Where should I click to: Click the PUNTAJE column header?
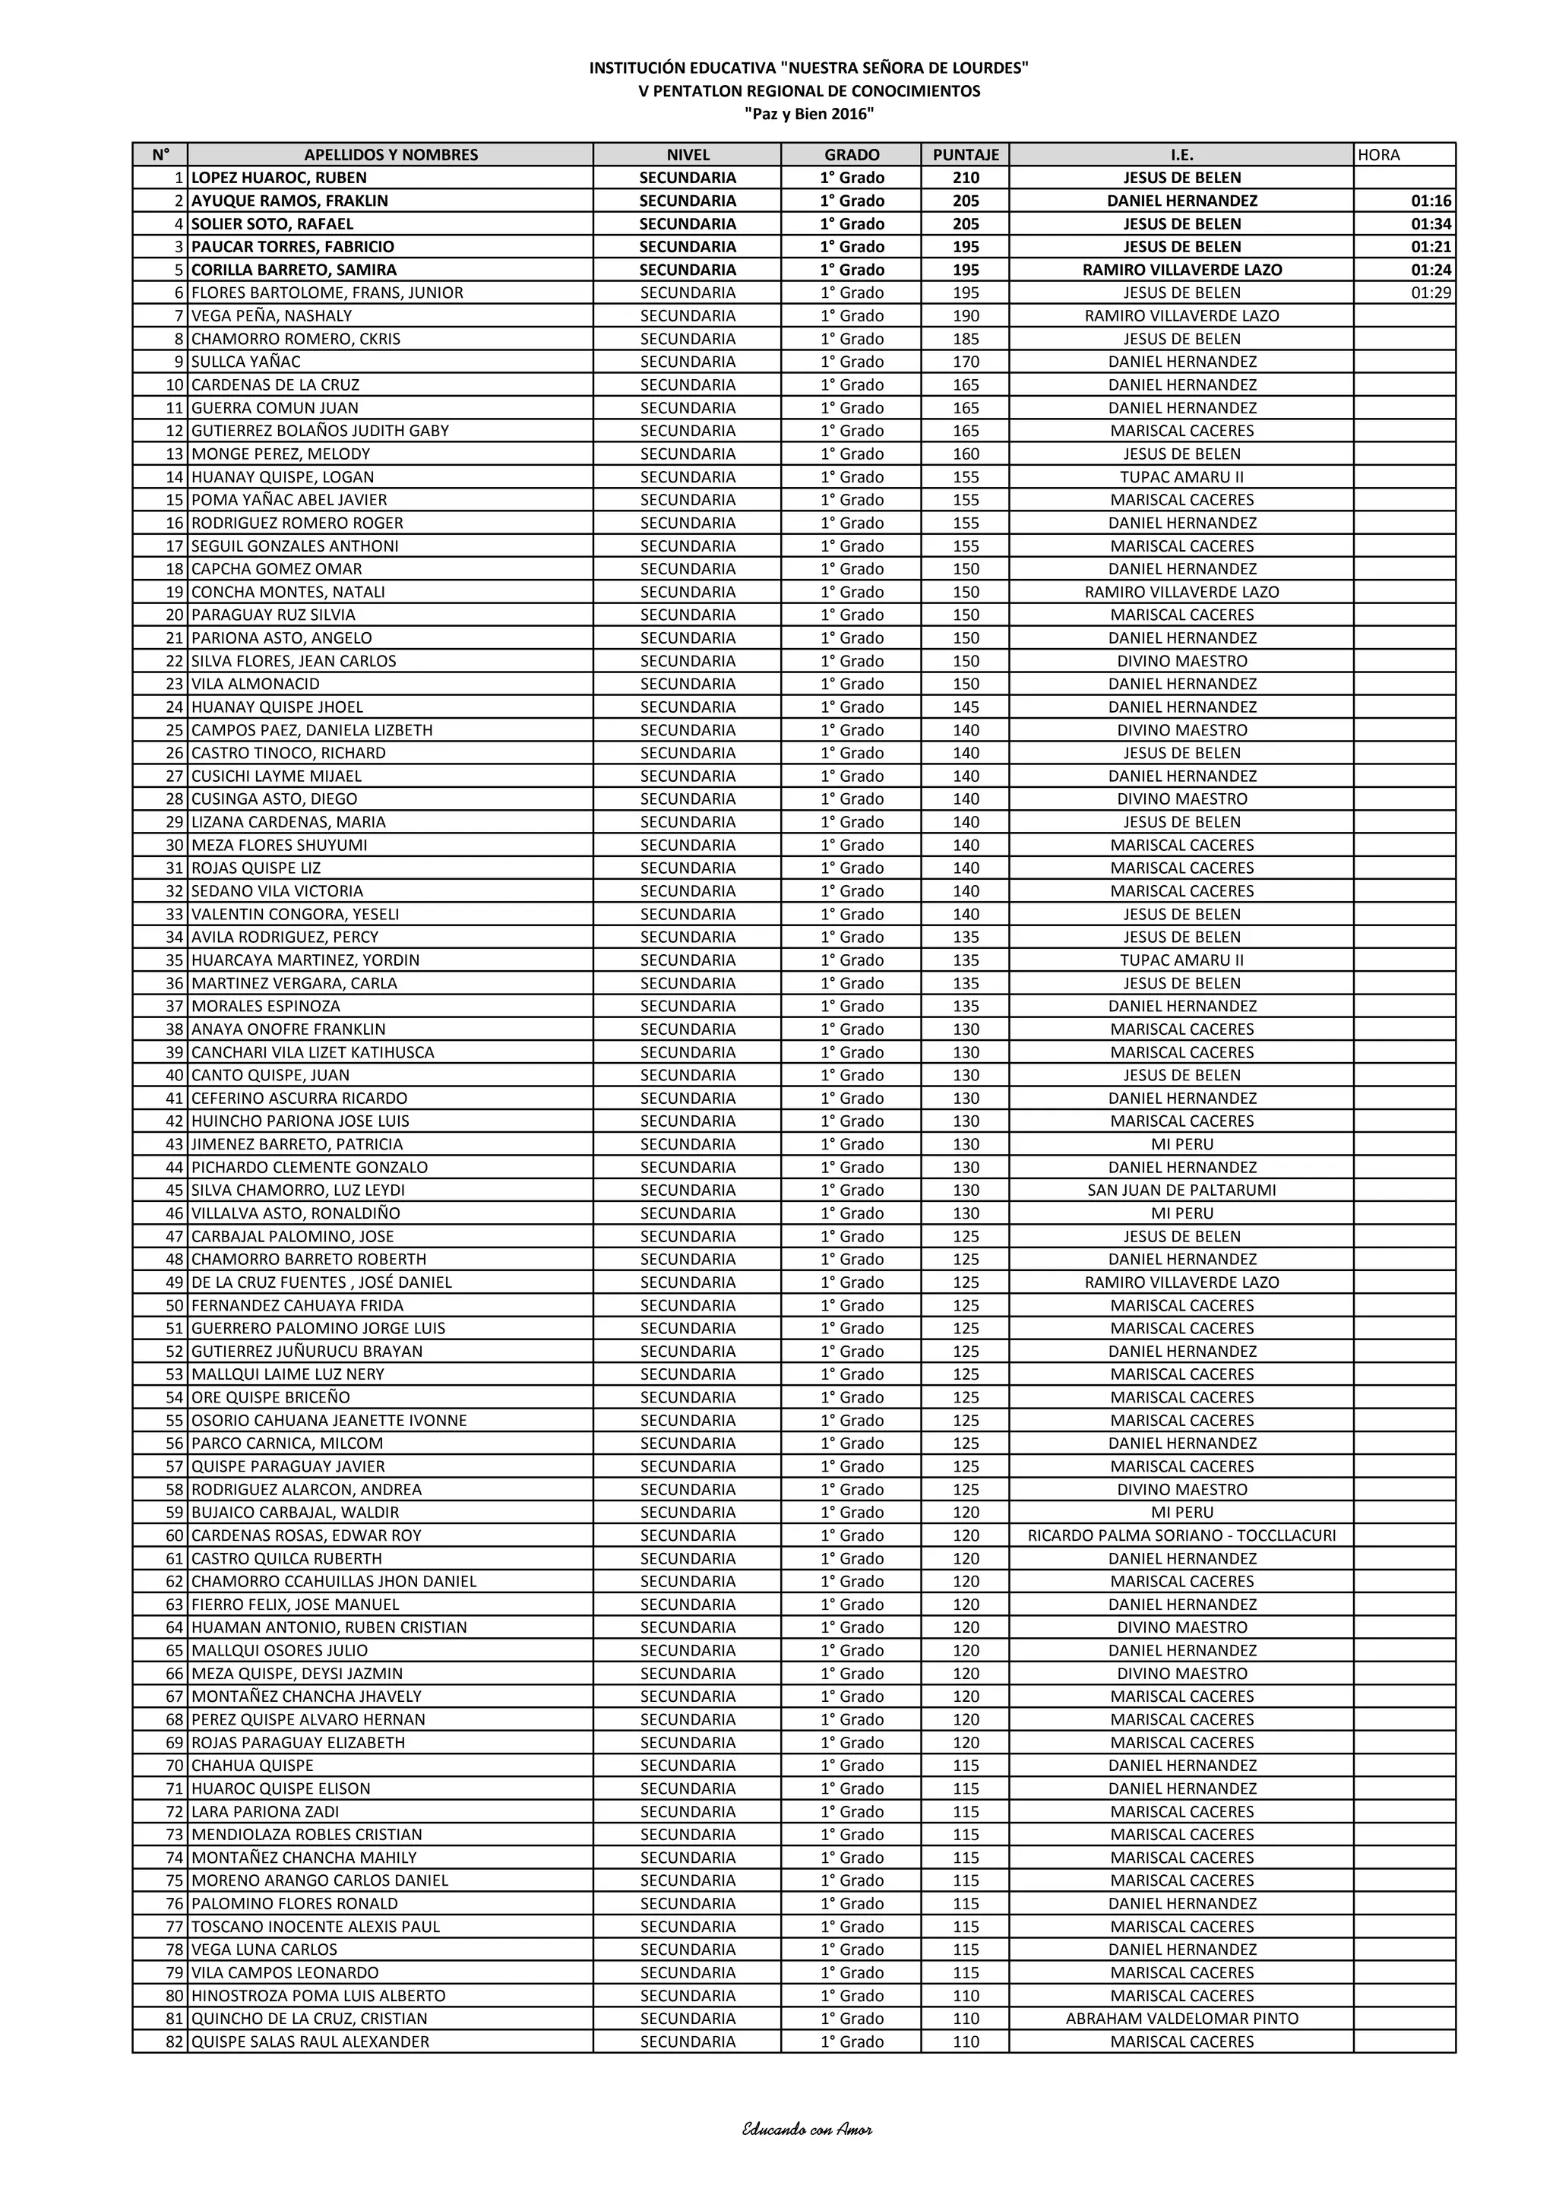(966, 154)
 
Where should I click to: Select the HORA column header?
(1379, 154)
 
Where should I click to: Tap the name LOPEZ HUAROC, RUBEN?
(279, 177)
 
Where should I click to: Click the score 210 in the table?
(966, 177)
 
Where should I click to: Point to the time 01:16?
(1431, 201)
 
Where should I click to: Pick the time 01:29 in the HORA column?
(1431, 293)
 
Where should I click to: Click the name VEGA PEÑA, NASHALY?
(271, 315)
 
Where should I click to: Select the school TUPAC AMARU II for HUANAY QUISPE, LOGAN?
(1181, 476)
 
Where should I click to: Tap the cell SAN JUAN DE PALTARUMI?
(1181, 1190)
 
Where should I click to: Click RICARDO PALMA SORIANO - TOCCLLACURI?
(1181, 1535)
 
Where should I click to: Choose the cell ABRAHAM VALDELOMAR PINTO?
(1181, 2018)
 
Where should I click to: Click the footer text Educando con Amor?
(807, 2129)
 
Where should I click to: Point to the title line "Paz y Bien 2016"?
(809, 114)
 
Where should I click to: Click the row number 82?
(175, 2041)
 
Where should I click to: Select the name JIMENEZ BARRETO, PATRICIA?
(297, 1143)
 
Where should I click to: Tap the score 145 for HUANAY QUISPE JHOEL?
(966, 707)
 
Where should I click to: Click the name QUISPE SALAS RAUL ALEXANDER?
(311, 2041)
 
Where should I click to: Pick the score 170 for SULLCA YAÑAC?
(966, 362)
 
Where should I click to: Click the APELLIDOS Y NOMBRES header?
(391, 154)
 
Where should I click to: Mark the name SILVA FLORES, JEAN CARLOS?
(293, 660)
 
